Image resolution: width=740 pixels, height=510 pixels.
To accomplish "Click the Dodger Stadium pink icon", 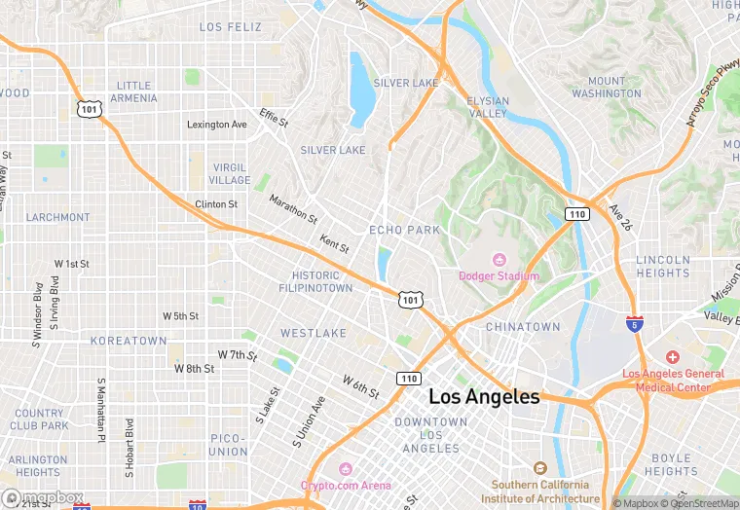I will pos(499,260).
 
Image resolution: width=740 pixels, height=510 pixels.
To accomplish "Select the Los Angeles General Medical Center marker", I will pos(672,358).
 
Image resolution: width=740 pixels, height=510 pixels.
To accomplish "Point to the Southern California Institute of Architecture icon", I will pos(539,469).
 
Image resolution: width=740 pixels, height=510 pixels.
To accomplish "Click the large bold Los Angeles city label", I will pos(484,397).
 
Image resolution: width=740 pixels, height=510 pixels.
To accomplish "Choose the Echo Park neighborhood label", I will pos(405,230).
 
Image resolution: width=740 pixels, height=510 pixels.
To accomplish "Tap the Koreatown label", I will pos(129,341).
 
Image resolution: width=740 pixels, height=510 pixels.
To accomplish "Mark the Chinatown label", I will pos(523,326).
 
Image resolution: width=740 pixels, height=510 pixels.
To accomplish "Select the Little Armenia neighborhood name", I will pos(134,91).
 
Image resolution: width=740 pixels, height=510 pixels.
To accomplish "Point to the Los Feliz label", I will pos(231,27).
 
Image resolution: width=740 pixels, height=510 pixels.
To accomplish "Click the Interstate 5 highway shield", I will pos(635,324).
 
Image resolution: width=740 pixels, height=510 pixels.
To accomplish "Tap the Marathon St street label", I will pos(293,208).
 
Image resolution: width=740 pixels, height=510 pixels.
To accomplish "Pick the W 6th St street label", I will pos(360,386).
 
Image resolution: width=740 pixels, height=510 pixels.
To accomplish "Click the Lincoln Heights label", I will pos(662,267).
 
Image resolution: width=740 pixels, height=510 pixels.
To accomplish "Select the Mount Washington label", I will pos(607,88).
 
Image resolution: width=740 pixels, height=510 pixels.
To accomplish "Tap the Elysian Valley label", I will pos(487,107).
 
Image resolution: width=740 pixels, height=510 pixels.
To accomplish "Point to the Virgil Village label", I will pos(231,173).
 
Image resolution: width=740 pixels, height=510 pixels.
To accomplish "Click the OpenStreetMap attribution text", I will pos(699,503).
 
